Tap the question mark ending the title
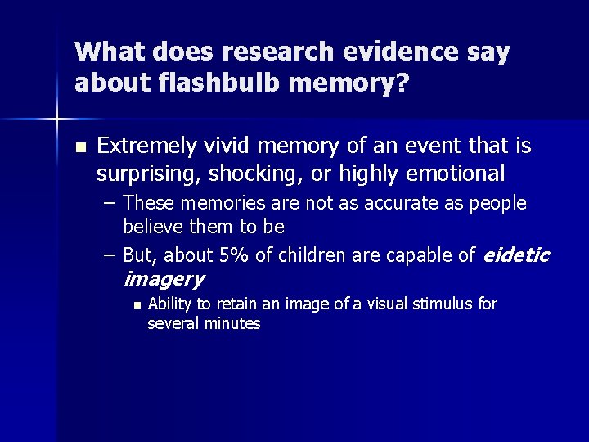click(401, 83)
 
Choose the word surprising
click(148, 174)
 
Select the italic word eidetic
click(517, 256)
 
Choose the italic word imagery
click(164, 280)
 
